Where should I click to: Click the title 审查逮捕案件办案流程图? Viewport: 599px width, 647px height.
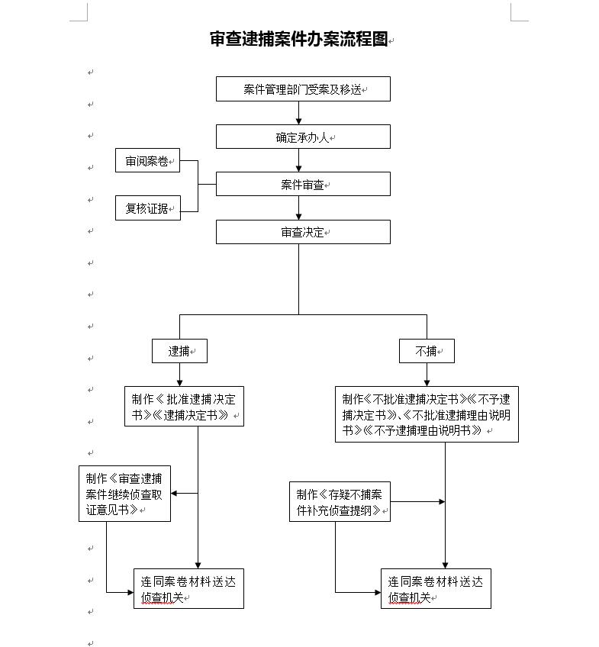pyautogui.click(x=299, y=39)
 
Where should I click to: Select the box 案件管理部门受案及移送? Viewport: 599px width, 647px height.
pyautogui.click(x=303, y=89)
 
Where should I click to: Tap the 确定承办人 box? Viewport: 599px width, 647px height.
pyautogui.click(x=303, y=137)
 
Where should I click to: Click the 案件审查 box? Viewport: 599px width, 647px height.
pyautogui.click(x=303, y=184)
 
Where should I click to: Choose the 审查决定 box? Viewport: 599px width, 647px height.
pyautogui.click(x=303, y=232)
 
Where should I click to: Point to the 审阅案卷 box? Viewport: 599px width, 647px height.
pyautogui.click(x=148, y=161)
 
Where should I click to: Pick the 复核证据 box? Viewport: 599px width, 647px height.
pyautogui.click(x=148, y=208)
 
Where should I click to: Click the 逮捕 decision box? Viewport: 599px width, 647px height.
pyautogui.click(x=179, y=351)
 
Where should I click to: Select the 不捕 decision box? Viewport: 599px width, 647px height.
pyautogui.click(x=427, y=351)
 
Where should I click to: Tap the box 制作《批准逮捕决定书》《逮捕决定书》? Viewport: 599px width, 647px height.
pyautogui.click(x=184, y=407)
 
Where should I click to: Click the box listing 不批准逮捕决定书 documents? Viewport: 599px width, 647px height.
pyautogui.click(x=427, y=414)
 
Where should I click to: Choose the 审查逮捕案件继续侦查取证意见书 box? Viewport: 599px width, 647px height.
pyautogui.click(x=124, y=494)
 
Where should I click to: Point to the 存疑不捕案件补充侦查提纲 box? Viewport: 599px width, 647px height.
pyautogui.click(x=340, y=501)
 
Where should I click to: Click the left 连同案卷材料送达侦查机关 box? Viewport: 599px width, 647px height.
pyautogui.click(x=188, y=589)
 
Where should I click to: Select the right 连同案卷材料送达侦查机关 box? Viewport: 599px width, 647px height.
pyautogui.click(x=436, y=589)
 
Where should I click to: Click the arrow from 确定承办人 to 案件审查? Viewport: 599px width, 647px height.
pyautogui.click(x=298, y=160)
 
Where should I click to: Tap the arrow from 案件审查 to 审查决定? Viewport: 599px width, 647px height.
pyautogui.click(x=298, y=208)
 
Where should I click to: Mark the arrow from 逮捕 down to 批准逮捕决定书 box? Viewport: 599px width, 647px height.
pyautogui.click(x=179, y=375)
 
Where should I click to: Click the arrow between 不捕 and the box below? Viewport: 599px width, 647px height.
pyautogui.click(x=427, y=375)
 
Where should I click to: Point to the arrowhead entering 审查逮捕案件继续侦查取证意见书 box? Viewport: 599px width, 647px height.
pyautogui.click(x=175, y=494)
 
